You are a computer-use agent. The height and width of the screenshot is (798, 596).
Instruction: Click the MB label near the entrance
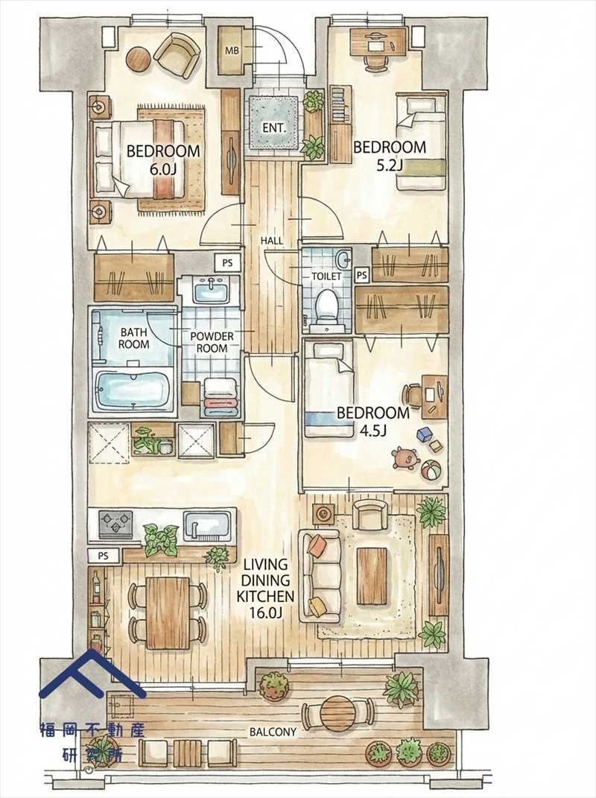pos(232,51)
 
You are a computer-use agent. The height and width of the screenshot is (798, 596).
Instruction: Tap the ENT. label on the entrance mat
pos(274,127)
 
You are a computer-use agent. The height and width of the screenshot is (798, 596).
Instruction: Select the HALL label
pos(272,241)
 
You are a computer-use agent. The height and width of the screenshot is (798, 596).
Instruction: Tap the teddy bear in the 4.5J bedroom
pos(405,458)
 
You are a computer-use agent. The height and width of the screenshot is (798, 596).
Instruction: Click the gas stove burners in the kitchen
pos(116,525)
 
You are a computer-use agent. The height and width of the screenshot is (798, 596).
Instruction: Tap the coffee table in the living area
pos(374,576)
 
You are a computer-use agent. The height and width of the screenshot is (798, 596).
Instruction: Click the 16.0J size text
pos(266,612)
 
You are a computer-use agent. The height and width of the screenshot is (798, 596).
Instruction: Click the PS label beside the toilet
pos(362,276)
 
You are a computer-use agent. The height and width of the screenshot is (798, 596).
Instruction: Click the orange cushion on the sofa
pos(317,545)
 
